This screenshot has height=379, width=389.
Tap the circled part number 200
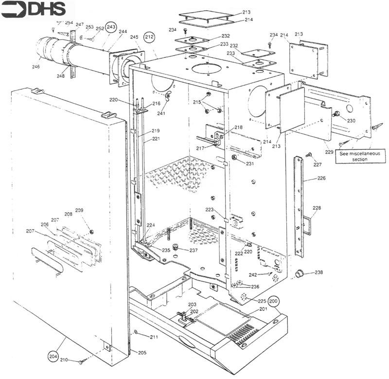coord(274,302)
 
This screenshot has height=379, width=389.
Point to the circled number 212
coord(150,36)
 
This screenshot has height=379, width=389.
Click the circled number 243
coord(111,27)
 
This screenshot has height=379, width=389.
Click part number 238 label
coord(318,272)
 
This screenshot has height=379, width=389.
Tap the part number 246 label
coord(35,67)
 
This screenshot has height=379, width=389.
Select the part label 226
coord(321,179)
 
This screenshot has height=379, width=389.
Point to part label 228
coord(317,208)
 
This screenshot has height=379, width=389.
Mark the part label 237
coord(193,251)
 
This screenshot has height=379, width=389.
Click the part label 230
coord(351,120)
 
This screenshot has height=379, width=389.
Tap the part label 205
coord(142,352)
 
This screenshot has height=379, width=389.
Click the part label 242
coord(253,275)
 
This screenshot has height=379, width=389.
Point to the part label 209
coord(79,211)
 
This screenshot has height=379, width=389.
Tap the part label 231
coord(249,164)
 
